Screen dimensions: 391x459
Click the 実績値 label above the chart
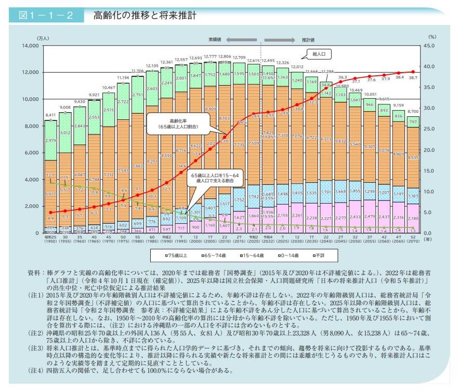(x=215, y=39)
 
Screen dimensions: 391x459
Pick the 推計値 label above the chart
(x=309, y=39)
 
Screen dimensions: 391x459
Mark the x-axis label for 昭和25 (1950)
(x=50, y=239)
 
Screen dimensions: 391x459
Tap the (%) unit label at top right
(x=432, y=37)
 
